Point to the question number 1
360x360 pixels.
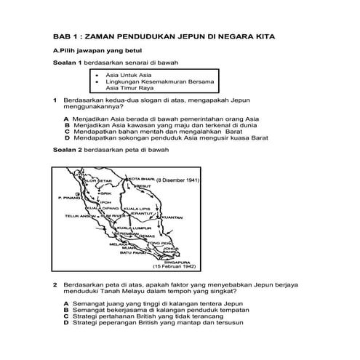(x=55, y=100)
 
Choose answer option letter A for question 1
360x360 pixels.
(x=66, y=119)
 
